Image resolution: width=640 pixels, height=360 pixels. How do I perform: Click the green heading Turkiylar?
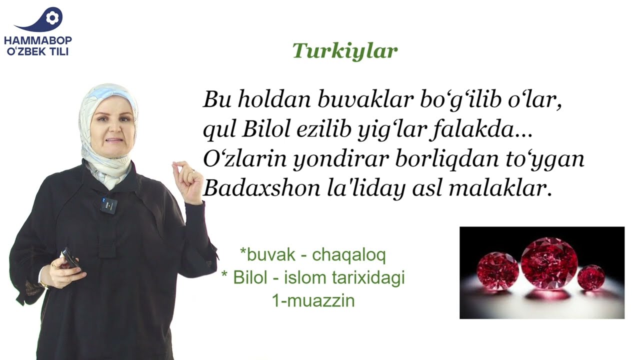click(345, 51)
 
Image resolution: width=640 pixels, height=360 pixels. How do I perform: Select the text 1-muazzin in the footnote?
click(313, 300)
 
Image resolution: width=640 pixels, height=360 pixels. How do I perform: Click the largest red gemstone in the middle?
click(549, 263)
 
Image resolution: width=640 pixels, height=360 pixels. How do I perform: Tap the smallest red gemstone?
click(591, 277)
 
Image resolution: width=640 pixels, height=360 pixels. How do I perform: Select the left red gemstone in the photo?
click(497, 271)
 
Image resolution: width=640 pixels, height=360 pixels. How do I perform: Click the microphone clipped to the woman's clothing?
click(108, 205)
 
